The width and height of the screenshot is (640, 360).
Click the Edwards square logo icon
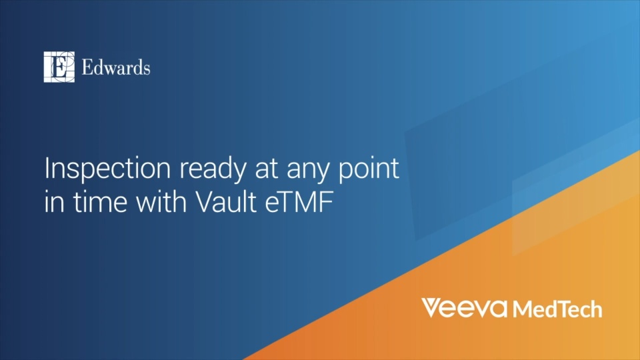(x=59, y=67)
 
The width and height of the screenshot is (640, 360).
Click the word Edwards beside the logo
(x=116, y=67)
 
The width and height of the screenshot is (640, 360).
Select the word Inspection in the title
(x=107, y=168)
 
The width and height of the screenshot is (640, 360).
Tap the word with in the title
(x=161, y=201)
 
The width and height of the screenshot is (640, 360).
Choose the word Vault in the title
(x=226, y=201)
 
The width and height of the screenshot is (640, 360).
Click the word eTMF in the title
(x=299, y=201)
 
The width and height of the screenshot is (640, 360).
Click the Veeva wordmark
(x=464, y=308)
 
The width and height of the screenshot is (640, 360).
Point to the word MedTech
(x=557, y=309)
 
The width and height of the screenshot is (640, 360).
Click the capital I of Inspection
(x=47, y=168)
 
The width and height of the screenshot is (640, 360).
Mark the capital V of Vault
(x=206, y=201)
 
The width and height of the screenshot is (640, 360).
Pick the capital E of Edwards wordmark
(x=87, y=68)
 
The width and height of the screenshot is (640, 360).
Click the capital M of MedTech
(x=522, y=309)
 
